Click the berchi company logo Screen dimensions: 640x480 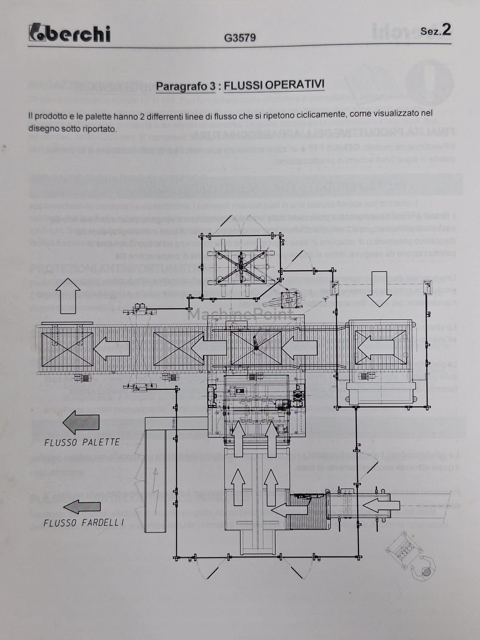[x=70, y=33]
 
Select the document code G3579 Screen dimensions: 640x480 [x=240, y=38]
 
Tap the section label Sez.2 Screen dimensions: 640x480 [x=435, y=30]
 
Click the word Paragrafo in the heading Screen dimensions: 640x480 [x=185, y=86]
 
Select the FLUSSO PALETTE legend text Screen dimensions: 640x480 [x=82, y=442]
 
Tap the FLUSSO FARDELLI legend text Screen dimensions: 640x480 [x=83, y=523]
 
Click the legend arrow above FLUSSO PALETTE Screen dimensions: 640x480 [x=81, y=422]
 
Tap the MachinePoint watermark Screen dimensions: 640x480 [x=240, y=314]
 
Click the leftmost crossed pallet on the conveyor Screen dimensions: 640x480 [x=67, y=349]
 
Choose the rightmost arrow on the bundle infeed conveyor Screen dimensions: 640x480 [x=381, y=505]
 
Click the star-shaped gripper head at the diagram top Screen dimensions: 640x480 [x=241, y=267]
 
